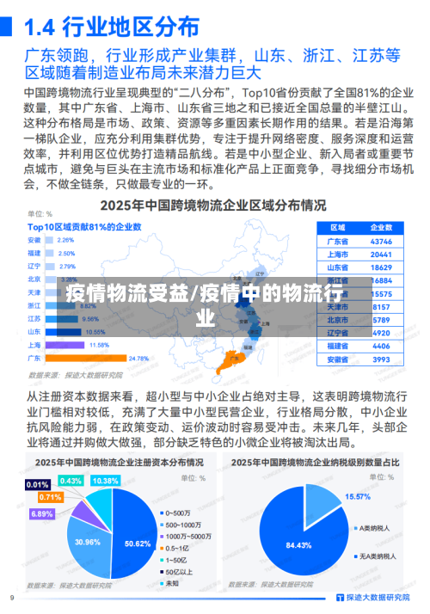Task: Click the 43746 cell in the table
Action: (381, 241)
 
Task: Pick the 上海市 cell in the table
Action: (338, 254)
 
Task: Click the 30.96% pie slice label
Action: (88, 541)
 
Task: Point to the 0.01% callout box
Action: (38, 484)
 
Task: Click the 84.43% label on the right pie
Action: (298, 545)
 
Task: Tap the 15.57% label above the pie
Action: (357, 496)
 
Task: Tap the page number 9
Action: (12, 597)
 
